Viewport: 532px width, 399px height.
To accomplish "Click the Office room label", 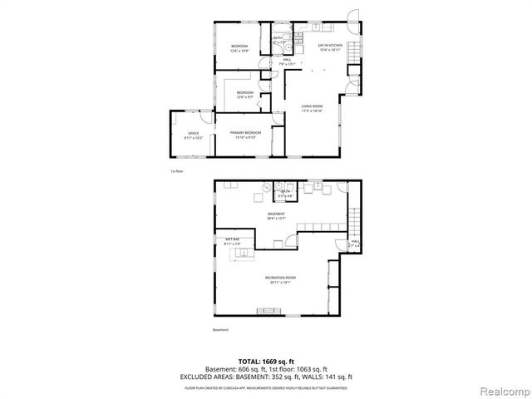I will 193,135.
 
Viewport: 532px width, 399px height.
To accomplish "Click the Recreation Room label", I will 280,278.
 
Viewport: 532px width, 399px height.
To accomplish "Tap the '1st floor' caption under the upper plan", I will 175,170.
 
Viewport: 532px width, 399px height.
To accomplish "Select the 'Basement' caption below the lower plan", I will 220,330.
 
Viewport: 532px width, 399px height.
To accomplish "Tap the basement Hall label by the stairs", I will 353,244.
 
